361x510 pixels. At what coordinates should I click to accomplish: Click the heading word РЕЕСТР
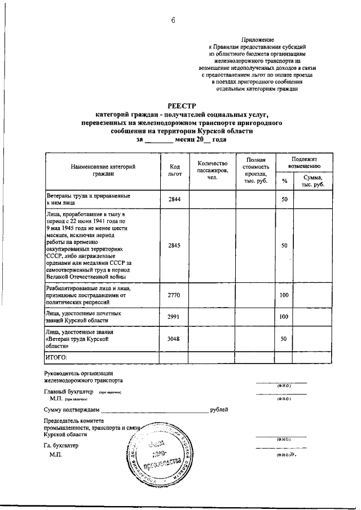(181, 105)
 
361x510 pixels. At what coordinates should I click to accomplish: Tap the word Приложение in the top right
(257, 39)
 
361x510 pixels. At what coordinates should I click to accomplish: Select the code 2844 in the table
(174, 200)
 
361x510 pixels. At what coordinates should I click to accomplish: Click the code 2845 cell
(174, 245)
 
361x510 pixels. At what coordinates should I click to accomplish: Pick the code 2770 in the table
(174, 294)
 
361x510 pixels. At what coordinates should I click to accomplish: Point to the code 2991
(174, 317)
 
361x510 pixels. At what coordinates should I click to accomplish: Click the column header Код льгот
(174, 170)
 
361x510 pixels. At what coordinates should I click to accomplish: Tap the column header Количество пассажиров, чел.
(212, 170)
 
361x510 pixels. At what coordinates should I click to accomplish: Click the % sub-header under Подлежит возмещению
(284, 181)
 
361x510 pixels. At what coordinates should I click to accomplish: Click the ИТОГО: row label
(56, 357)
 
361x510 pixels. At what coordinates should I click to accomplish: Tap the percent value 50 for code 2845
(284, 245)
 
